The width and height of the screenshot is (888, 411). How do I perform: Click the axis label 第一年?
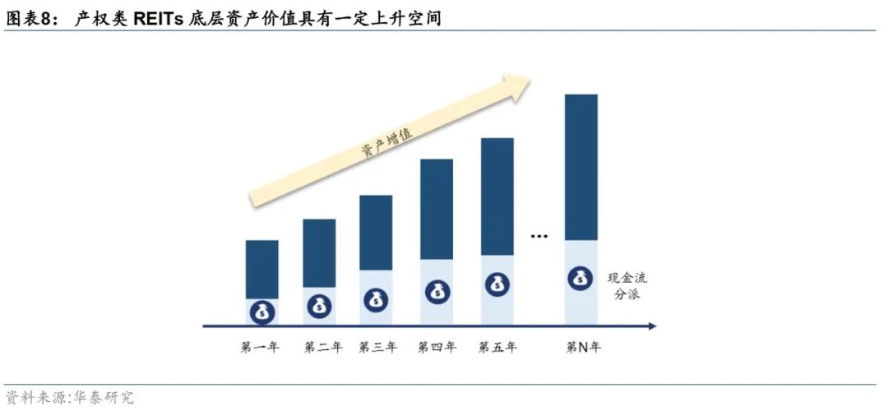[260, 347]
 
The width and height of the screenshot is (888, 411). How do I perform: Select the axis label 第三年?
[377, 347]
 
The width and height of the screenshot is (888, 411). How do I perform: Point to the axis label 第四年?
[437, 347]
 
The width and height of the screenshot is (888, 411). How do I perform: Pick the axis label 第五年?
[497, 347]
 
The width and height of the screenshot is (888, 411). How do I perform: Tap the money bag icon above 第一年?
[261, 312]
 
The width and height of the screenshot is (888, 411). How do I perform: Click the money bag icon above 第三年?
[377, 298]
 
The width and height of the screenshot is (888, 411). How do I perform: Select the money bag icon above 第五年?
[497, 284]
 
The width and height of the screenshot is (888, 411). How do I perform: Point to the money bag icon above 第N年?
[580, 278]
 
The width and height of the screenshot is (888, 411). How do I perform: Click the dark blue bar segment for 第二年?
[319, 252]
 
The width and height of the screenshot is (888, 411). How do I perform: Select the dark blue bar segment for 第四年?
[437, 209]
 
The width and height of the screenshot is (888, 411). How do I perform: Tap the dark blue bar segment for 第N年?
[580, 167]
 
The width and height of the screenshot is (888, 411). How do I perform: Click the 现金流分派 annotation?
[627, 285]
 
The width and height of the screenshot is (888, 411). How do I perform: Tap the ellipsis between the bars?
[539, 237]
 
